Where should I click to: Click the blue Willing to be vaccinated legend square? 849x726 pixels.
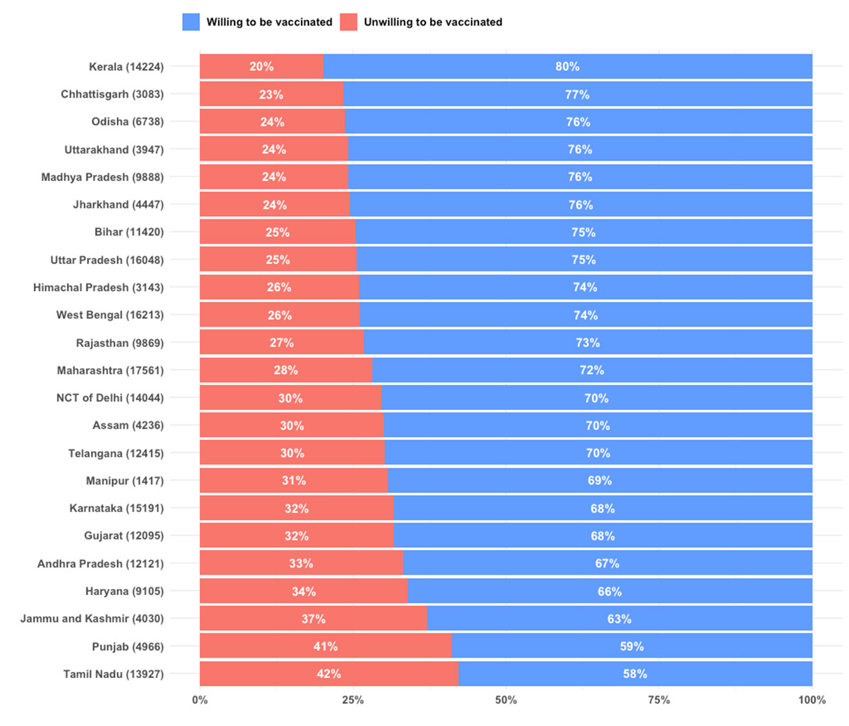click(191, 22)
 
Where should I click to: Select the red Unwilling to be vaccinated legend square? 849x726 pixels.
click(348, 22)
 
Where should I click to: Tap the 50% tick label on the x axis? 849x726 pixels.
click(505, 700)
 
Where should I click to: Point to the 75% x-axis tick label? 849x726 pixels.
click(659, 700)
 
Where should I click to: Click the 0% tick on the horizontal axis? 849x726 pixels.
click(200, 700)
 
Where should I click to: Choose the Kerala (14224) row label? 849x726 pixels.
click(126, 67)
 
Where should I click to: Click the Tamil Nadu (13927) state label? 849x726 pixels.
click(113, 674)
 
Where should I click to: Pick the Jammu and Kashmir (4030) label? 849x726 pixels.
click(92, 619)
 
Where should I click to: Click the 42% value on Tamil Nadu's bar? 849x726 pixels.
click(329, 674)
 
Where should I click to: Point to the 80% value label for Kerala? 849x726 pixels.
click(568, 67)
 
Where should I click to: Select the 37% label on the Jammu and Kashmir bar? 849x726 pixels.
click(313, 619)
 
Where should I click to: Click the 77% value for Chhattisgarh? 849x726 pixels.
click(577, 95)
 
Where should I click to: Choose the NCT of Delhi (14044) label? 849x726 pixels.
click(110, 398)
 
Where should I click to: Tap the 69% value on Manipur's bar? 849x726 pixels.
click(599, 481)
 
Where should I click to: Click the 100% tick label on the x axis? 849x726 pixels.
click(812, 700)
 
